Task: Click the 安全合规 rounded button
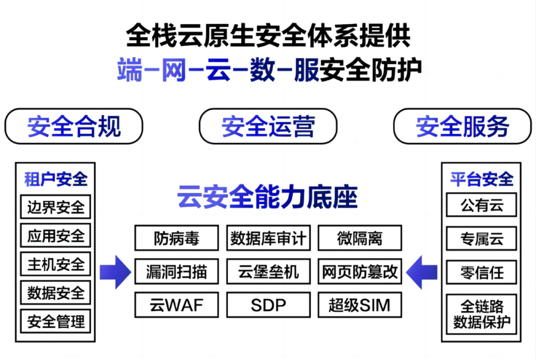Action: (x=74, y=126)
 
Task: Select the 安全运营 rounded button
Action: (x=268, y=126)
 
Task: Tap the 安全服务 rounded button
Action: (x=463, y=126)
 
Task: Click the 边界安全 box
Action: (x=56, y=207)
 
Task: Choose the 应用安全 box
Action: (x=56, y=235)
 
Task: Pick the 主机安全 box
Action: (x=56, y=264)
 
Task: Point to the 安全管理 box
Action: (x=56, y=321)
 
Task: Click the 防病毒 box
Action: (x=177, y=238)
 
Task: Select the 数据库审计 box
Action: (x=268, y=238)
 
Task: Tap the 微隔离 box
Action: (x=360, y=238)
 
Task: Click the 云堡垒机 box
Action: (x=268, y=272)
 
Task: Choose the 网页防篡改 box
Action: (x=360, y=272)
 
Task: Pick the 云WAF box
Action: (x=177, y=305)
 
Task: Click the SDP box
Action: (x=268, y=305)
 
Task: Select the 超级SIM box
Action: (x=360, y=305)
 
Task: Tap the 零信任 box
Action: (x=481, y=273)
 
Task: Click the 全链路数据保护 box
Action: (x=481, y=314)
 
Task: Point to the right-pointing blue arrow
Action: (x=115, y=272)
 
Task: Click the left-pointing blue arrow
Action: (x=422, y=272)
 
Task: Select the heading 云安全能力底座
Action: (x=268, y=197)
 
